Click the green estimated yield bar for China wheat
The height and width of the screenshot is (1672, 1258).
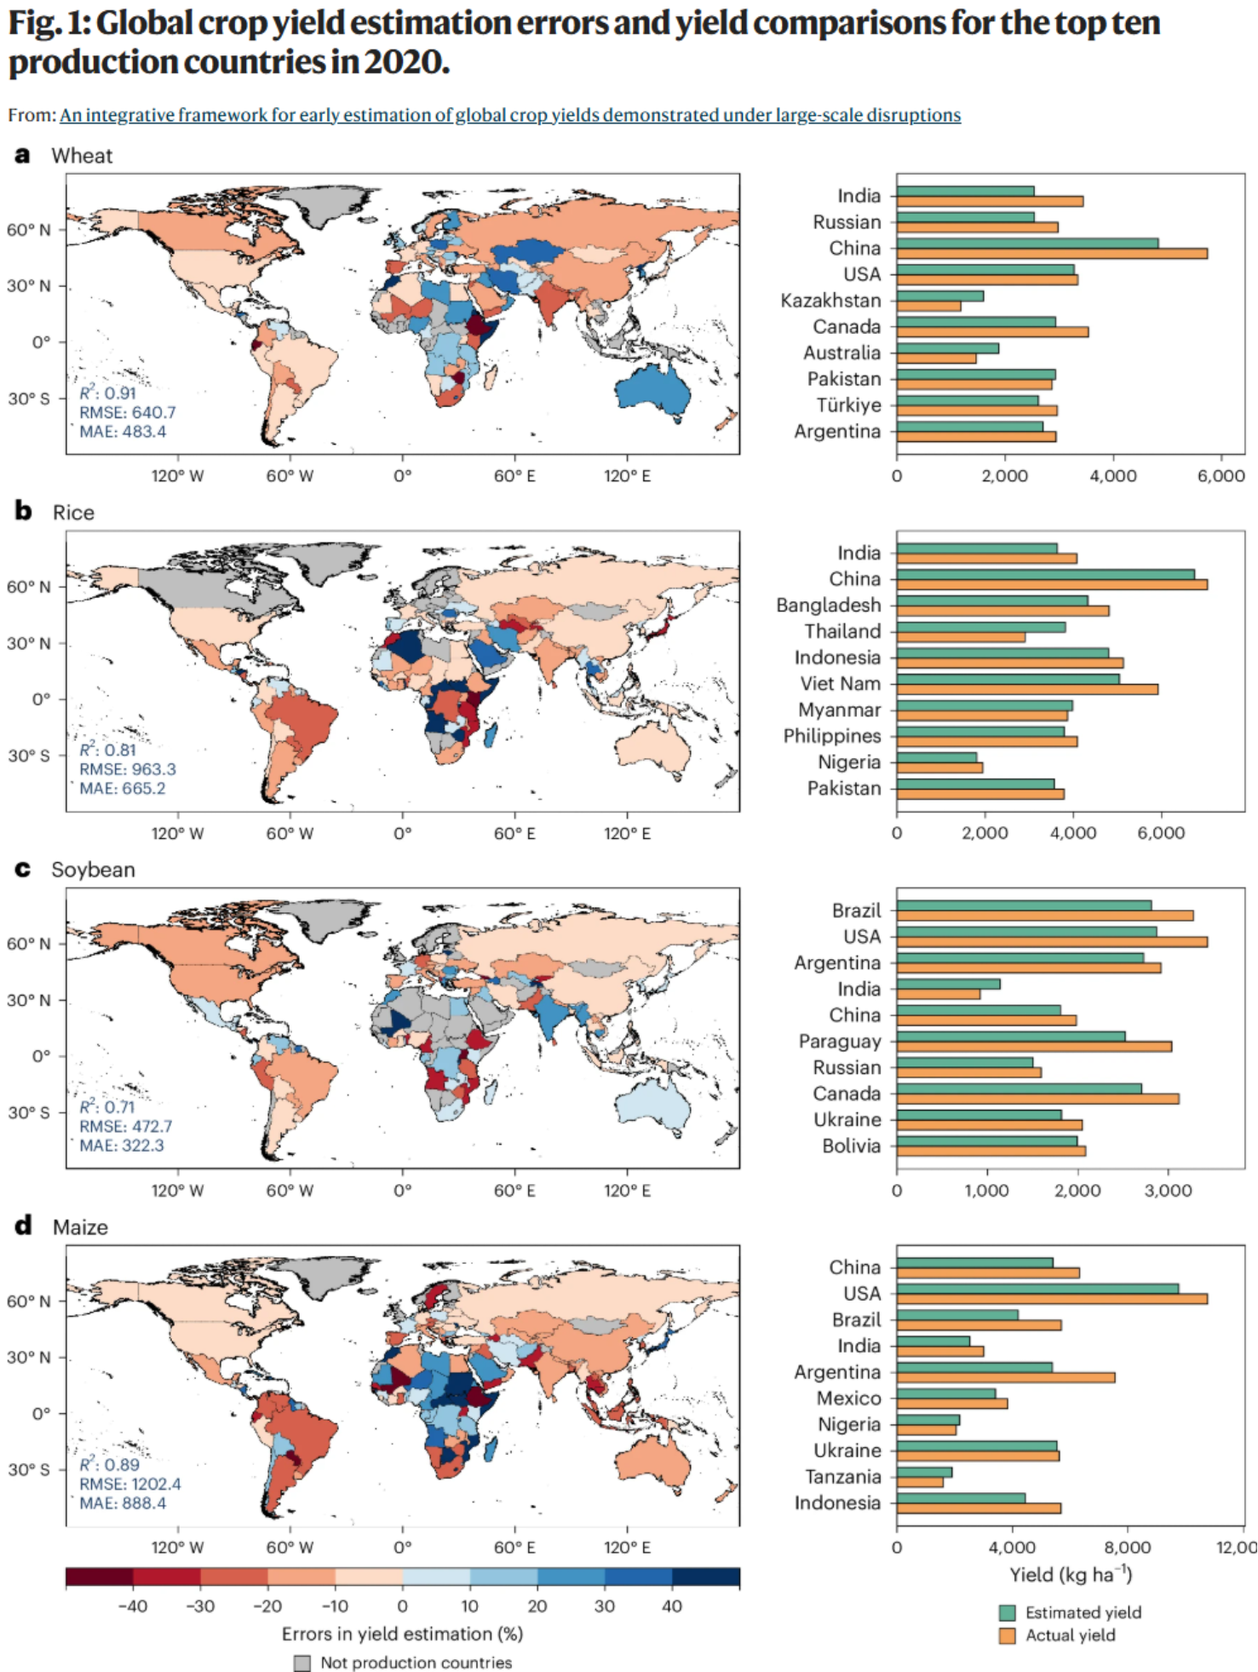pos(1027,243)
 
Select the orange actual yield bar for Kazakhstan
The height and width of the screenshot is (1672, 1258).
pos(928,306)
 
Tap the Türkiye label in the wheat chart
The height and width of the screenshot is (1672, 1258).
pos(848,405)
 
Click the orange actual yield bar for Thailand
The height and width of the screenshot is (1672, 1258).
pos(961,636)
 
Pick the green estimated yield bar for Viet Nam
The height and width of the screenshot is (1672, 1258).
pos(1008,679)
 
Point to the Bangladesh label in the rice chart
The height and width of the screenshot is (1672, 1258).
pos(828,605)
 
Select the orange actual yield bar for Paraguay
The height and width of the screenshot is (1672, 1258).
pos(1034,1046)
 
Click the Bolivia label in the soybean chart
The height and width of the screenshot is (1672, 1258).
pos(851,1146)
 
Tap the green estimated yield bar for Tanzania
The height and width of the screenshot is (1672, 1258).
pos(924,1472)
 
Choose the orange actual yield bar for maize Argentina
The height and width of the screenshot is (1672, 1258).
pos(1006,1377)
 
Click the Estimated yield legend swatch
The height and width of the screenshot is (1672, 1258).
pos(1008,1612)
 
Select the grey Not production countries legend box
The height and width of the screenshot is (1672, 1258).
pos(302,1663)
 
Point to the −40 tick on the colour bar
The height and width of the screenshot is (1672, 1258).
pos(132,1606)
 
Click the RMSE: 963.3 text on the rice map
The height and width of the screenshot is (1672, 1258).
pos(128,769)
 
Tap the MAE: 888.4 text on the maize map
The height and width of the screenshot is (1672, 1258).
pos(123,1503)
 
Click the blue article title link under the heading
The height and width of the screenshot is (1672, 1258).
pos(510,115)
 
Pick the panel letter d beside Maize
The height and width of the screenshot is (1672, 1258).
pos(23,1226)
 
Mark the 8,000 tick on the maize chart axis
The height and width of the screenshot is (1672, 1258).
pos(1127,1547)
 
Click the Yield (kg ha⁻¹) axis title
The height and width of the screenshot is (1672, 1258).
pos(1071,1574)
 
